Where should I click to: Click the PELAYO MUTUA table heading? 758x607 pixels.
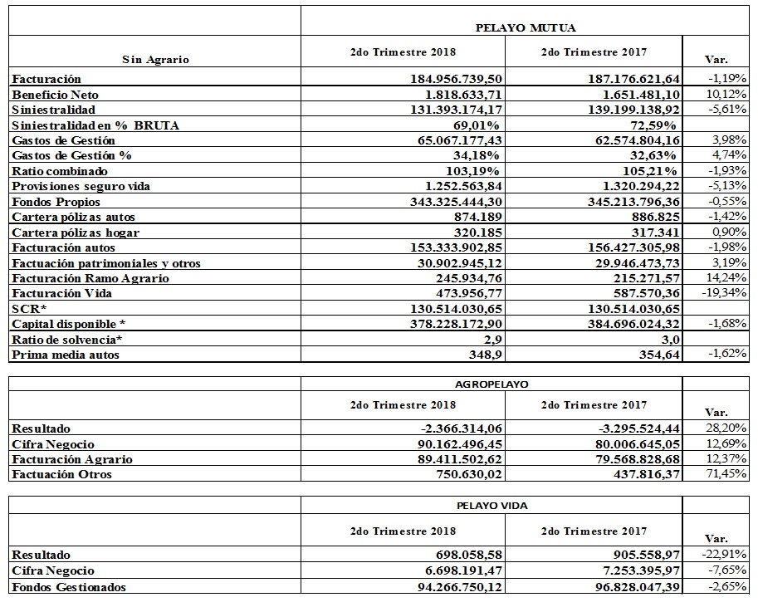(x=526, y=27)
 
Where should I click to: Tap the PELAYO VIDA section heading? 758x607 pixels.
(x=491, y=506)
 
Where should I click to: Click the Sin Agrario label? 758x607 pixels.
(x=155, y=59)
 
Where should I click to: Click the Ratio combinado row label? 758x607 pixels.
(x=60, y=171)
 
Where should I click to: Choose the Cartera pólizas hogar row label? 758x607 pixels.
(x=76, y=233)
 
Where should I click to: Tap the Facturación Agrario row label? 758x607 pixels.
(x=72, y=459)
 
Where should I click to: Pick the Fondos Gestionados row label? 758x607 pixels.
(x=69, y=588)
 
